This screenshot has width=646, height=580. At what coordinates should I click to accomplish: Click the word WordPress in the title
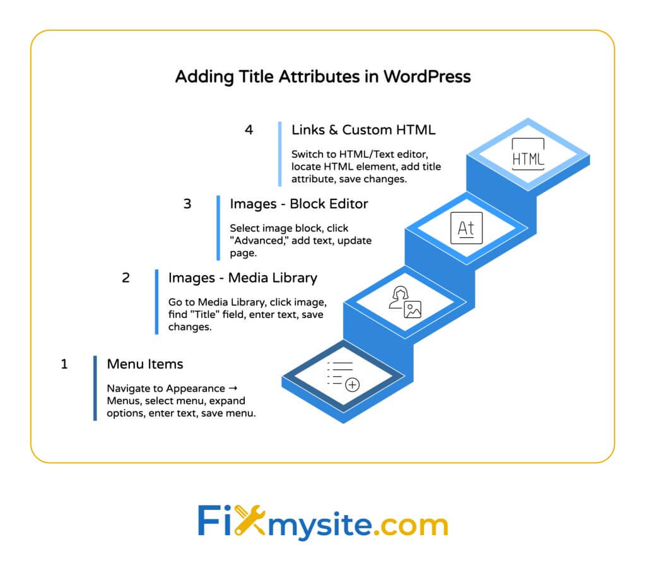[x=427, y=76]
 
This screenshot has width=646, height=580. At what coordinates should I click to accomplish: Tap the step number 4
[x=249, y=130]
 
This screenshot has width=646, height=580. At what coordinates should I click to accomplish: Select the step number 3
[x=187, y=204]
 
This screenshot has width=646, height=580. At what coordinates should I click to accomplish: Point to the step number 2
[x=126, y=278]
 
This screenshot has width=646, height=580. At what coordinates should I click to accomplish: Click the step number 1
[x=64, y=364]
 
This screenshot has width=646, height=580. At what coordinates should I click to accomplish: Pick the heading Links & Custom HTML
[x=363, y=130]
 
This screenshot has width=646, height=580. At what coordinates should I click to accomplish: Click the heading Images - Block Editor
[x=299, y=204]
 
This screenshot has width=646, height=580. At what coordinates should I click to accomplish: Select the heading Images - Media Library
[x=243, y=278]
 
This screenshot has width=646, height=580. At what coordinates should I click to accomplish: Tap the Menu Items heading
[x=145, y=364]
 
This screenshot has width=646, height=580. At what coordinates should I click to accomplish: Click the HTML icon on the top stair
[x=528, y=154]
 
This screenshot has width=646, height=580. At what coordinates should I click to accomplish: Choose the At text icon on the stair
[x=466, y=228]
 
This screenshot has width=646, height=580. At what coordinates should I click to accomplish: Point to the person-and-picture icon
[x=405, y=302]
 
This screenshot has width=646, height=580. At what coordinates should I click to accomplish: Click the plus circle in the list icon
[x=352, y=384]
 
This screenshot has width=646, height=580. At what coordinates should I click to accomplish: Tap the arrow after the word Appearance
[x=233, y=388]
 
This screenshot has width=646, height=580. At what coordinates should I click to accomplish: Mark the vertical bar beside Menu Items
[x=95, y=388]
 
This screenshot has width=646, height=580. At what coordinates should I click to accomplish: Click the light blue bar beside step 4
[x=279, y=154]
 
